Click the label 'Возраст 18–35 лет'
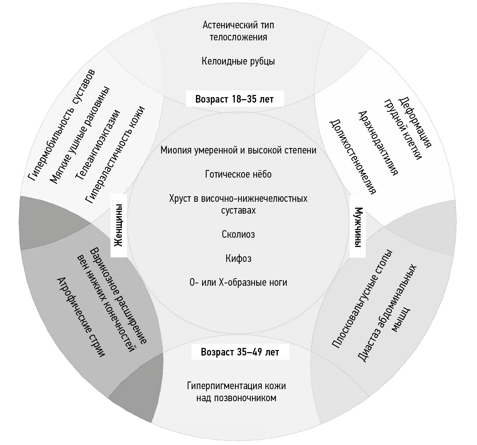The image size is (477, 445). pyautogui.click(x=234, y=99)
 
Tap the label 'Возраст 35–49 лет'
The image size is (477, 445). pyautogui.click(x=240, y=352)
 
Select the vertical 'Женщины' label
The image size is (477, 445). pyautogui.click(x=119, y=225)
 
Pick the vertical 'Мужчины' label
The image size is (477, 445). pyautogui.click(x=358, y=227)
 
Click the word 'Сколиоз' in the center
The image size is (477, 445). pyautogui.click(x=238, y=234)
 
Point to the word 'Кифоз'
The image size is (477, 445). pyautogui.click(x=238, y=258)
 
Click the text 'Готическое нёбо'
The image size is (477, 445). pyautogui.click(x=238, y=174)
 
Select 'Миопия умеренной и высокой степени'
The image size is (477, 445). pyautogui.click(x=238, y=150)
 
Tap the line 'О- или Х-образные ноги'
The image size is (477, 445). pyautogui.click(x=238, y=282)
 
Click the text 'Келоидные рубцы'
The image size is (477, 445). pyautogui.click(x=238, y=61)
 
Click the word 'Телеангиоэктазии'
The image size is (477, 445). pyautogui.click(x=98, y=145)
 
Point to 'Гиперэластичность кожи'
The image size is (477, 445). pyautogui.click(x=115, y=155)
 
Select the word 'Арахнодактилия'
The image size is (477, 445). pyautogui.click(x=378, y=143)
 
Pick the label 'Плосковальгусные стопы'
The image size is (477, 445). pyautogui.click(x=362, y=299)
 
